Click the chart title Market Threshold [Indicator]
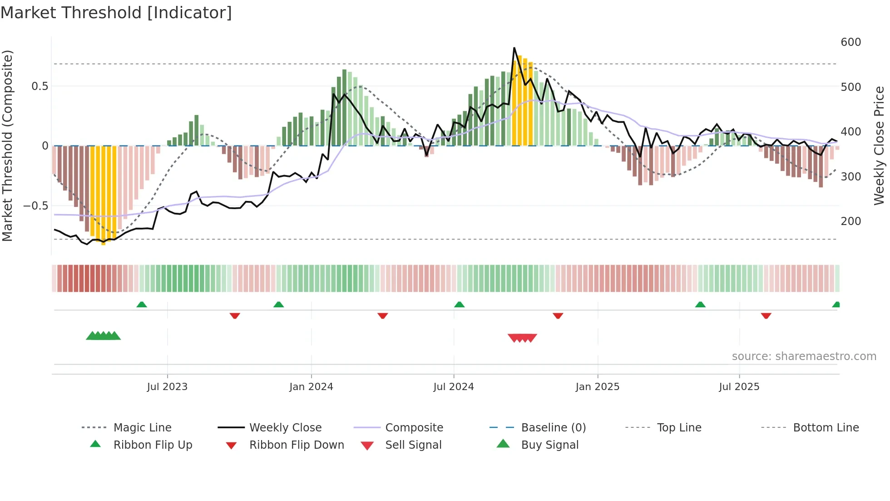(116, 13)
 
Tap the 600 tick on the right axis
(850, 42)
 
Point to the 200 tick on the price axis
(850, 221)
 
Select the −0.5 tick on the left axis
(35, 206)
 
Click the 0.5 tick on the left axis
(40, 86)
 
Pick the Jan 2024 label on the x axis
(311, 387)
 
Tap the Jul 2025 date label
(739, 387)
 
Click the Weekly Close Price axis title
(879, 145)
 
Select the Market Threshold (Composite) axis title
(7, 145)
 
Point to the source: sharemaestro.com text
(804, 356)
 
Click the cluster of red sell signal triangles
(522, 338)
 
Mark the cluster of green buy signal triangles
(104, 336)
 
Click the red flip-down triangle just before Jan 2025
(558, 316)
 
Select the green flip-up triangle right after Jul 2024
(459, 305)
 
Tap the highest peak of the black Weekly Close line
(514, 48)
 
